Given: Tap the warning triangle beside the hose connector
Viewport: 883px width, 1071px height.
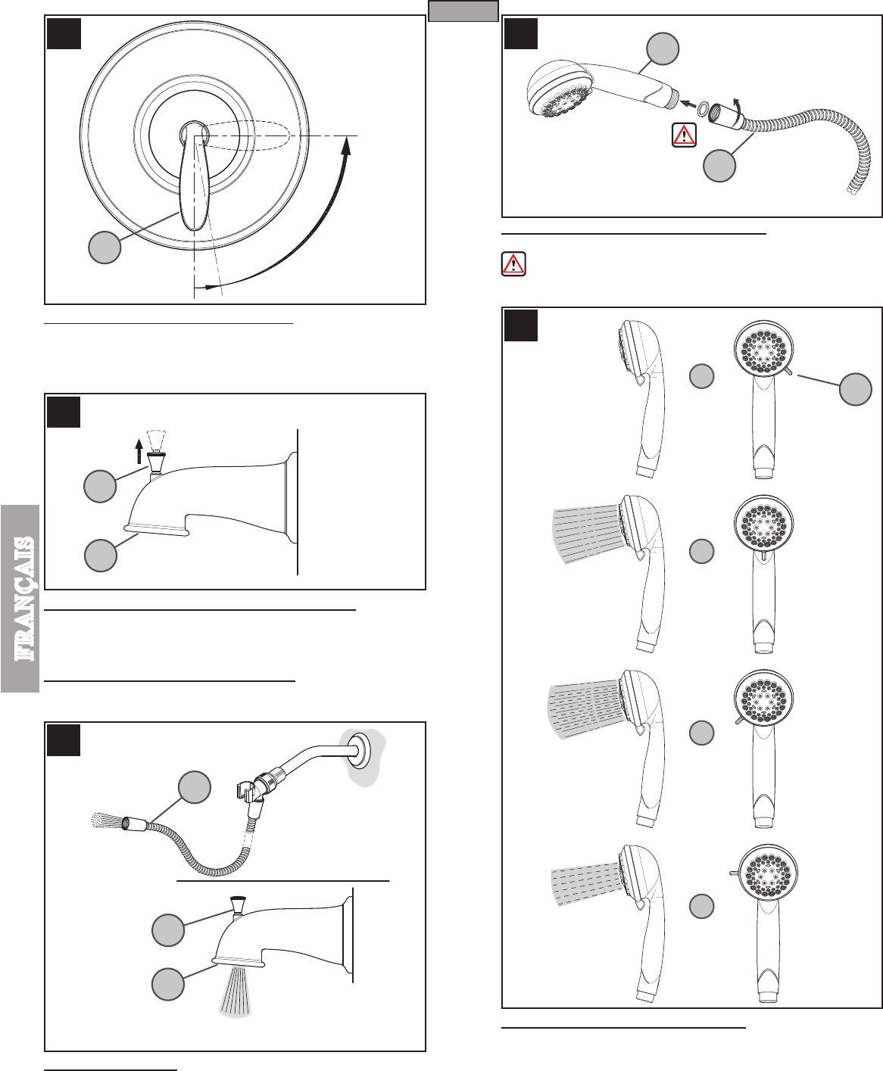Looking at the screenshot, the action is (x=684, y=135).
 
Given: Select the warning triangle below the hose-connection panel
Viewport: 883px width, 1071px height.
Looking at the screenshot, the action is (x=513, y=264).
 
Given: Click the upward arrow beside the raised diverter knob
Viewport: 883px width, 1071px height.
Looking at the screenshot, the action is (x=139, y=451).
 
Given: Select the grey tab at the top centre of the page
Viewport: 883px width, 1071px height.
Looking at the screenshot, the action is (x=463, y=11).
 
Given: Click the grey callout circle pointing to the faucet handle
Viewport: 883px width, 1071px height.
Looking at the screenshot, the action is (x=105, y=248).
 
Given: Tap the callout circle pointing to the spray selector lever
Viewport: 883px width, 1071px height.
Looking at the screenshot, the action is (x=855, y=389).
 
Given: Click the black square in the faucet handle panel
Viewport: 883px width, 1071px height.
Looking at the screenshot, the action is (x=64, y=33).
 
